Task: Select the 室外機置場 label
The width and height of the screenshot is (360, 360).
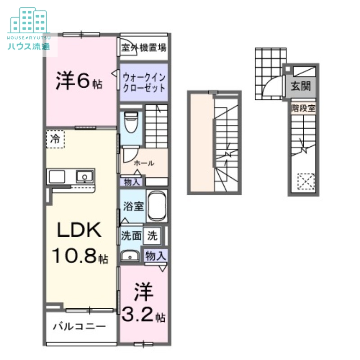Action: tap(144, 47)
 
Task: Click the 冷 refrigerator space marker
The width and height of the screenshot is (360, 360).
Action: tap(55, 139)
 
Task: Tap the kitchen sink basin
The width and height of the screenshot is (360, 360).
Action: tap(84, 176)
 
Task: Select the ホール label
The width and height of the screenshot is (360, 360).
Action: tap(144, 163)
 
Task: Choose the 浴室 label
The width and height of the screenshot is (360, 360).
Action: tap(133, 207)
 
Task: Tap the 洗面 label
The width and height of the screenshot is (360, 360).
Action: tap(131, 235)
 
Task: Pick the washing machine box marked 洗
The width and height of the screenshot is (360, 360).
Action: tap(153, 235)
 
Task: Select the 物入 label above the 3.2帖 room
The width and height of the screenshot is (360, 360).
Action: tap(156, 256)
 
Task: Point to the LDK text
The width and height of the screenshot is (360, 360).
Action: tap(77, 231)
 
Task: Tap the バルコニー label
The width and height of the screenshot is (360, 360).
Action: tap(79, 326)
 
